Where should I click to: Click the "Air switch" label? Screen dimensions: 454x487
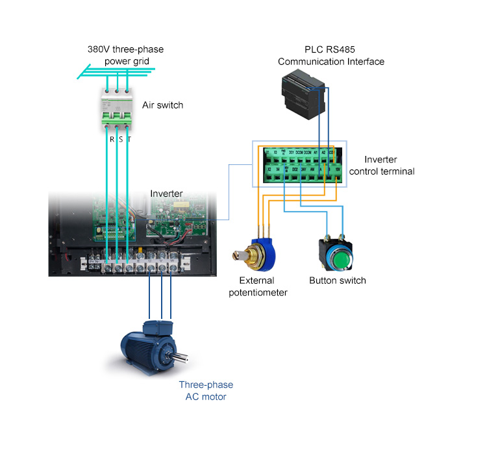coord(162,105)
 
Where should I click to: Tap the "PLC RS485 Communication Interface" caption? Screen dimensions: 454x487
coord(331,56)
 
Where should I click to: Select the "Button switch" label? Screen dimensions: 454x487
coord(337,281)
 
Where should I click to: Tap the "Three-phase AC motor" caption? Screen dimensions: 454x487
coord(206,390)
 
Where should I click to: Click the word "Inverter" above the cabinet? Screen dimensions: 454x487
coord(166,194)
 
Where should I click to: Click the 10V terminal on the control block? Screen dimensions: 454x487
coord(336,172)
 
